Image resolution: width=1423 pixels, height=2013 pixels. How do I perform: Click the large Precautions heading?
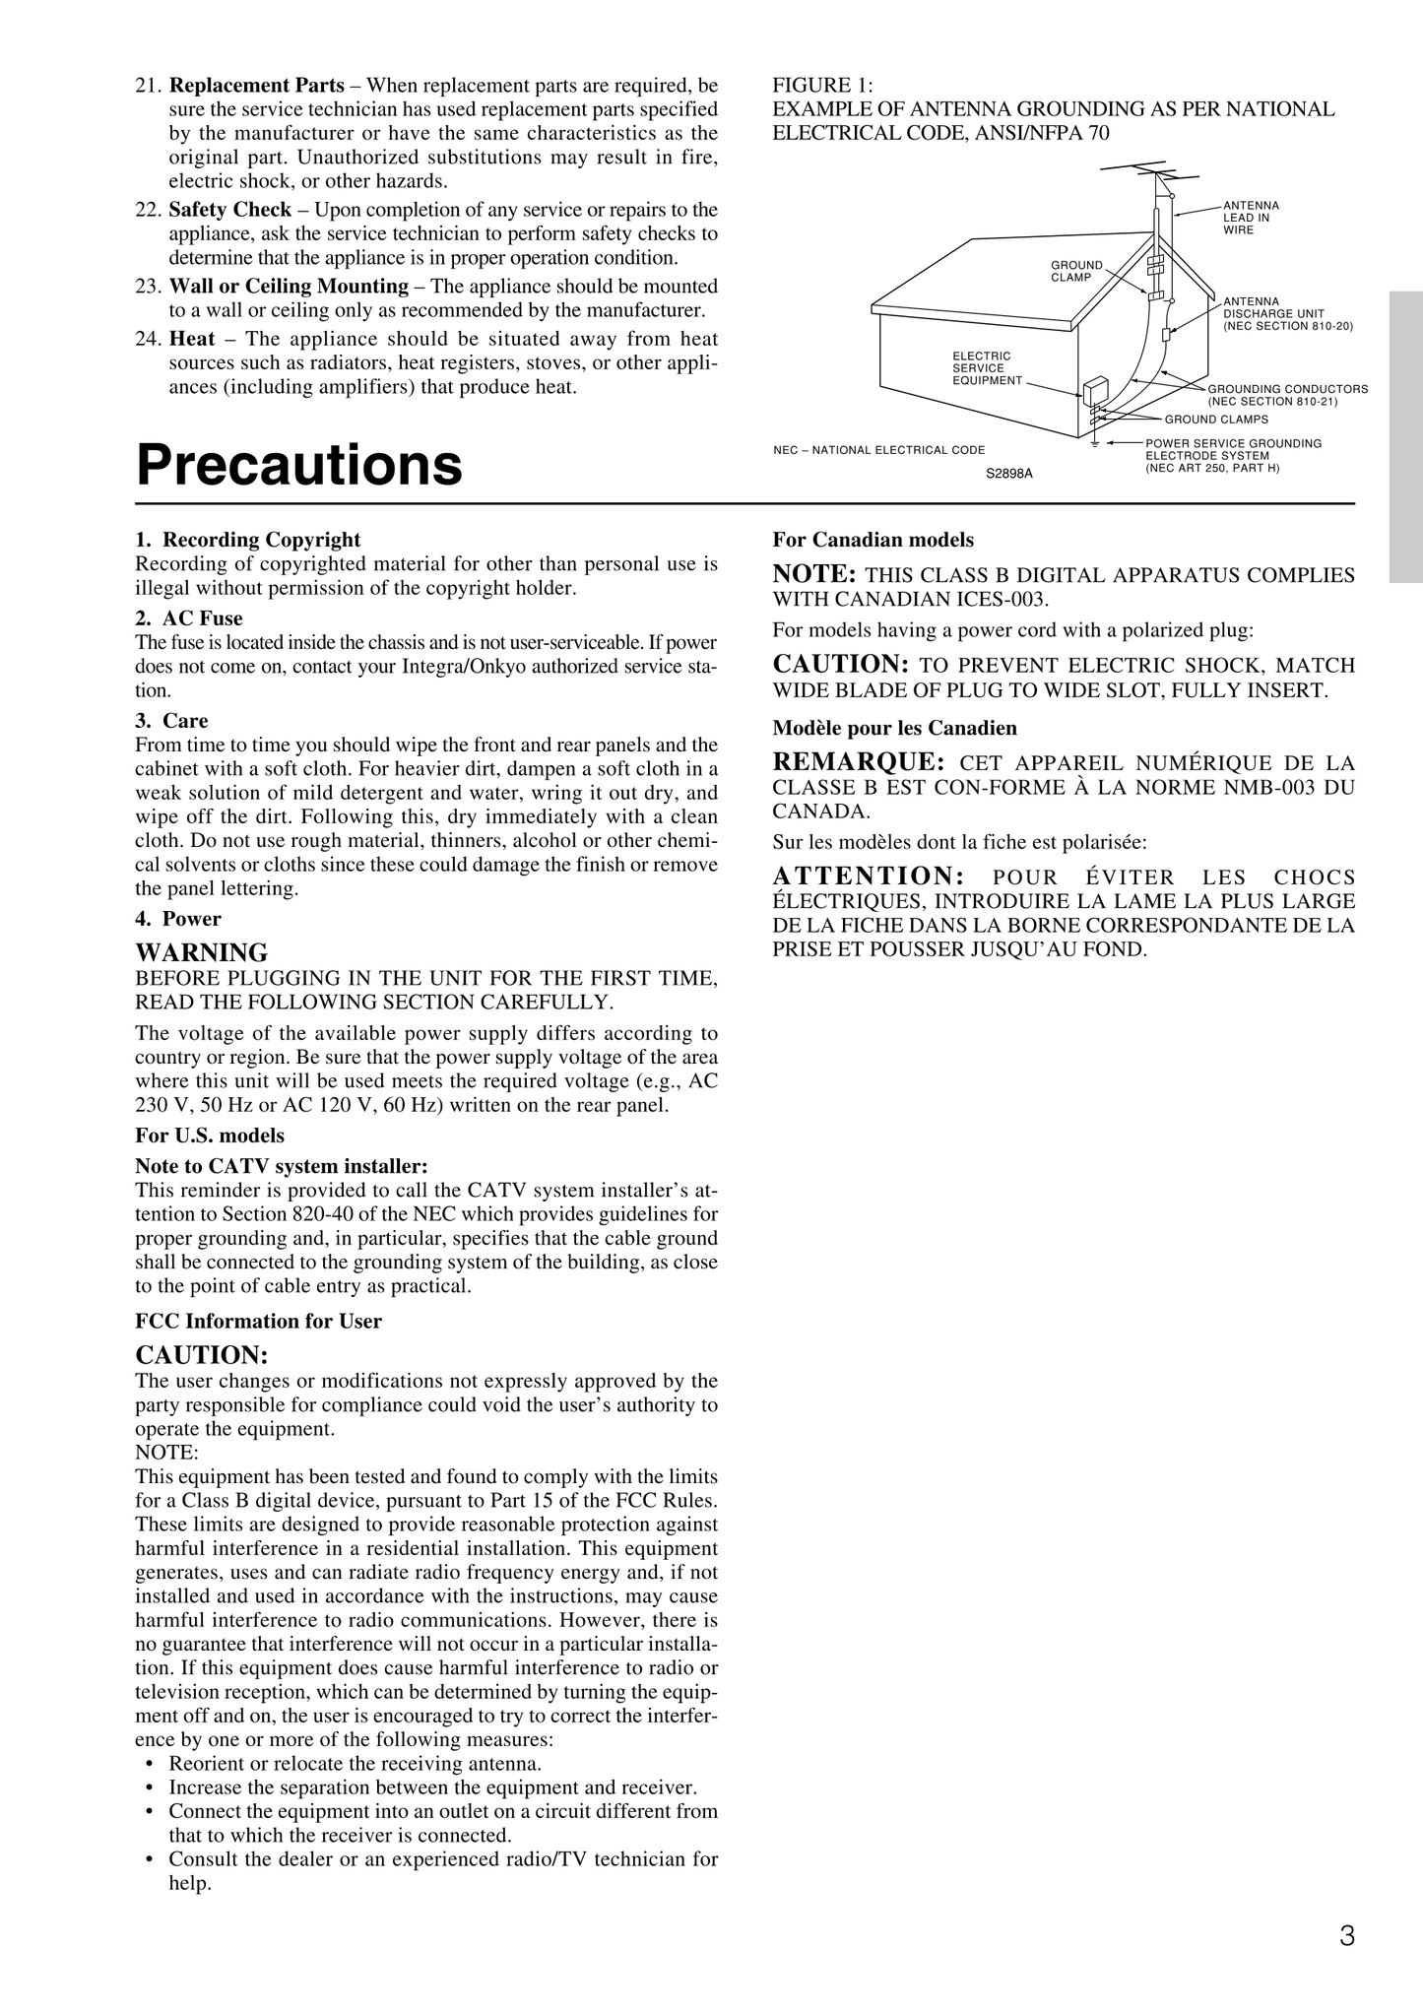point(298,465)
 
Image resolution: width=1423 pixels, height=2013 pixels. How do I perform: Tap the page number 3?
point(1346,1936)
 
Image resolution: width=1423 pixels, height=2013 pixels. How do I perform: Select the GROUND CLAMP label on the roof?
point(1076,271)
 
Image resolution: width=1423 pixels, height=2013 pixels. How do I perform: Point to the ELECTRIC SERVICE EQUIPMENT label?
point(987,368)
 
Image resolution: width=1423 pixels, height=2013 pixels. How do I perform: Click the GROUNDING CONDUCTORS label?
point(1287,394)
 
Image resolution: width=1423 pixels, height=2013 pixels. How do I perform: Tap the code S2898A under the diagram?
point(1009,474)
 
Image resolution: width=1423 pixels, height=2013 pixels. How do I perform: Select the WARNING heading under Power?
point(201,952)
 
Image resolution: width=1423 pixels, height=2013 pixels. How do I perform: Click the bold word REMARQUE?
point(859,762)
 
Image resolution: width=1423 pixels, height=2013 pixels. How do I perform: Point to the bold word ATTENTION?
point(868,877)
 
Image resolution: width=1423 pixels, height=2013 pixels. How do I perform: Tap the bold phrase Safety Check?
point(229,210)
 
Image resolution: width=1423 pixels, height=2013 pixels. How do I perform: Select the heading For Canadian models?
point(873,540)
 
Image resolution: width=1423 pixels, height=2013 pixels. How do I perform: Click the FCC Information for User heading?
point(258,1321)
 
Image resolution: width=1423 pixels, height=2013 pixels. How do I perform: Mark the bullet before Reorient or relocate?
point(149,1764)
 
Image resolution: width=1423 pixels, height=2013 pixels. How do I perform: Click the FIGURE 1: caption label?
point(823,85)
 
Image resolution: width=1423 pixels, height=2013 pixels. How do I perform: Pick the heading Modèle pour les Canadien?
point(894,728)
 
